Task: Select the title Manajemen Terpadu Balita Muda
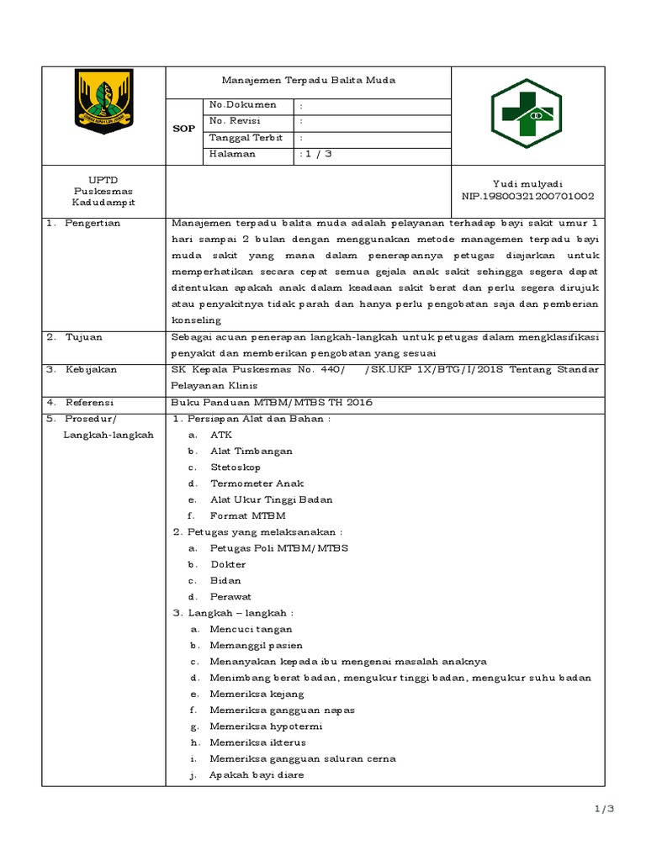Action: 307,80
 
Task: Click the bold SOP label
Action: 183,129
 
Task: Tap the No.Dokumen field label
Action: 242,105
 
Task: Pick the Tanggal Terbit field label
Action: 246,138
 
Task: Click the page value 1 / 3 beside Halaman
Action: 316,154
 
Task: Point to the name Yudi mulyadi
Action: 527,183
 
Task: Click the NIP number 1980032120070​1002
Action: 527,196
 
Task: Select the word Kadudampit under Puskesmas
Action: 103,203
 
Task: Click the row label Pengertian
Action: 94,223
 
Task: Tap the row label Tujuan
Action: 86,336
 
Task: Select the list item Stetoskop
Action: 236,467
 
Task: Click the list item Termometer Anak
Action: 257,483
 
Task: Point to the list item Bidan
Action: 225,580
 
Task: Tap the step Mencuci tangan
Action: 252,629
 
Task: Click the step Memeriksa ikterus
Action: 258,742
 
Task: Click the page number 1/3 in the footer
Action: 605,809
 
